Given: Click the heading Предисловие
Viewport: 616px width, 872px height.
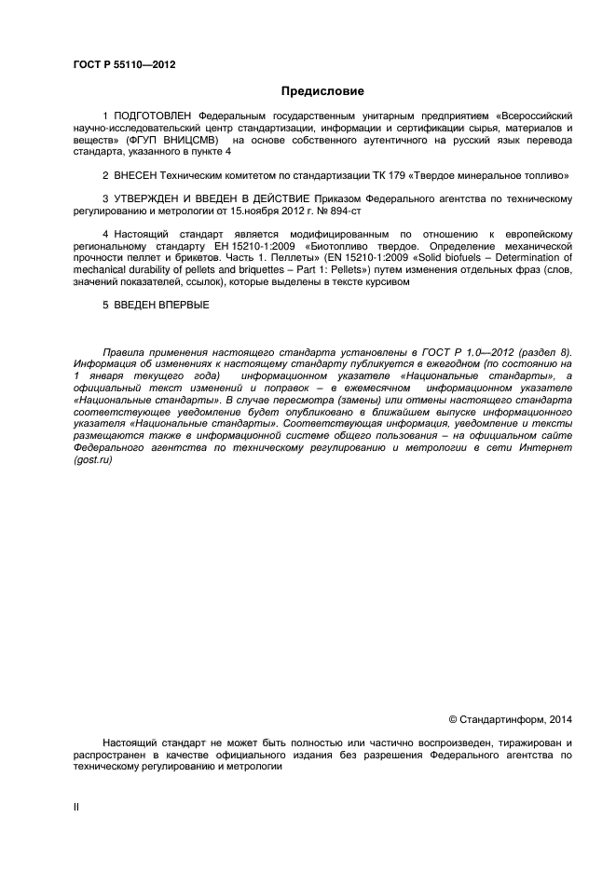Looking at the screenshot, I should point(323,91).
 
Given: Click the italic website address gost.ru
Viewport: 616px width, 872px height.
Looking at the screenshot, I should point(93,461).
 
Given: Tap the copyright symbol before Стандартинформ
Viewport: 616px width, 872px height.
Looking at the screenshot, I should point(453,718).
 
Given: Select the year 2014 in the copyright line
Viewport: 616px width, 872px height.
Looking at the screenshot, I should point(561,718).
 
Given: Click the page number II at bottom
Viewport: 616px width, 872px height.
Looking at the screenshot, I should point(75,807).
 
